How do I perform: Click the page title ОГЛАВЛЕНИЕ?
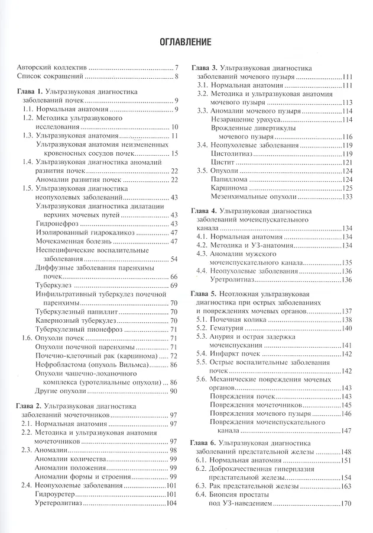tap(186, 42)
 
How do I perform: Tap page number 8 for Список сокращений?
tap(176, 77)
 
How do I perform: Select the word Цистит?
tap(222, 162)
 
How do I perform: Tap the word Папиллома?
tap(229, 179)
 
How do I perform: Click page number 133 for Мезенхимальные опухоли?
tap(346, 197)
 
